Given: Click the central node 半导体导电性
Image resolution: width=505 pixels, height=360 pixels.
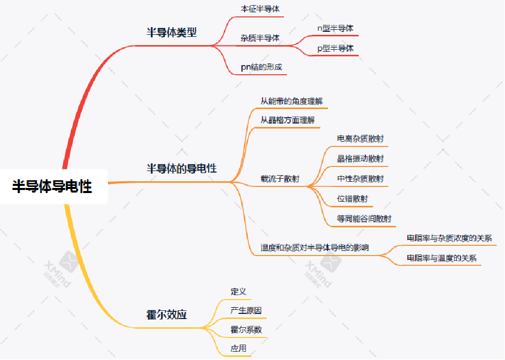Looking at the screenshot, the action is click(52, 186).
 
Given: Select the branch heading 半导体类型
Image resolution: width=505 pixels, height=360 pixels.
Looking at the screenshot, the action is click(172, 32).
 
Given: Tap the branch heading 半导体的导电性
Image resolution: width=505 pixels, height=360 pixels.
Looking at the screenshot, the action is click(182, 168).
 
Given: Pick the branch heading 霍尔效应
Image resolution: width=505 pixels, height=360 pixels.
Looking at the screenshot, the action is click(166, 314).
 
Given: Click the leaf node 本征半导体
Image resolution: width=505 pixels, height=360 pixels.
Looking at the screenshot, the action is click(260, 9).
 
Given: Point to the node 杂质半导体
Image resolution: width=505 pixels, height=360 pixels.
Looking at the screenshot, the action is click(260, 38).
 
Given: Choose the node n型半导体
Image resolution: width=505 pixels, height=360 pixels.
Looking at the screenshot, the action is click(335, 29).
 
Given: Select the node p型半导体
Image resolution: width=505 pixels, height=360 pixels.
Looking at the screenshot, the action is click(335, 49).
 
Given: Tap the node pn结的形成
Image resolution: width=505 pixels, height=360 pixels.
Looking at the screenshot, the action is click(261, 67).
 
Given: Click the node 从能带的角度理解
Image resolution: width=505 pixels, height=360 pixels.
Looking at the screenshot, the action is click(292, 101).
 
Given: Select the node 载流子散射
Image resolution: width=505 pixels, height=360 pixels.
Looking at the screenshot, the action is click(280, 179).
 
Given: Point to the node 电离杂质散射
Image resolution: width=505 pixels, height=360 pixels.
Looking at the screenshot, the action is click(361, 139).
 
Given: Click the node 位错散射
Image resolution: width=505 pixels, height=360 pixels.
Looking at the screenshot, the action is click(353, 199).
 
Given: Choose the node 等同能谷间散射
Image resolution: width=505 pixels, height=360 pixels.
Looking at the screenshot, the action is click(364, 219).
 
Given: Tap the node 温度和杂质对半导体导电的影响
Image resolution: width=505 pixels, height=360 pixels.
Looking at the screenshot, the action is click(315, 248).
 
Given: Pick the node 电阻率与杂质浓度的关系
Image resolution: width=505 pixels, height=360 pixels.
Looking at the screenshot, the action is click(449, 238).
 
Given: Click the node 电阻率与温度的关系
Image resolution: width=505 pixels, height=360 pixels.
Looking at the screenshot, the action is click(442, 258).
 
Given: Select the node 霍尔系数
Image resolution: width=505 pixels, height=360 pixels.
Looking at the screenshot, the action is click(246, 330).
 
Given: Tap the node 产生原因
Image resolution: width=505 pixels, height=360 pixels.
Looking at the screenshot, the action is click(246, 311).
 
